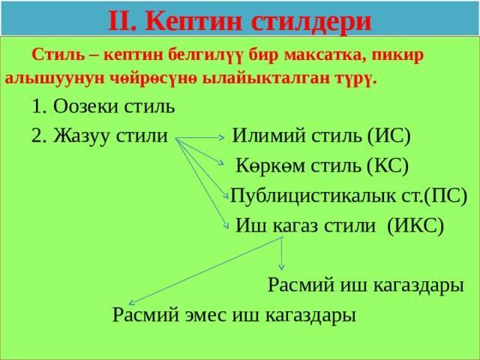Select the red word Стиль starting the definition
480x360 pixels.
[58, 55]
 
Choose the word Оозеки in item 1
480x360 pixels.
[85, 106]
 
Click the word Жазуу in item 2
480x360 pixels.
[81, 136]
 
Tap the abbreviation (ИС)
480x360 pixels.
[388, 136]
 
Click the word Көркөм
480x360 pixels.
[271, 166]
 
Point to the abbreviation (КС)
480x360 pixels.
[388, 166]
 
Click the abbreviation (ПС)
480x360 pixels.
[445, 195]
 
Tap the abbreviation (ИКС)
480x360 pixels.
[415, 226]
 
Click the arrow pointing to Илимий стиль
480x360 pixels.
[200, 138]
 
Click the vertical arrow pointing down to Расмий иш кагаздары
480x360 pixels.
[282, 253]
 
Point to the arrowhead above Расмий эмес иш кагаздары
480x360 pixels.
[131, 303]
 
